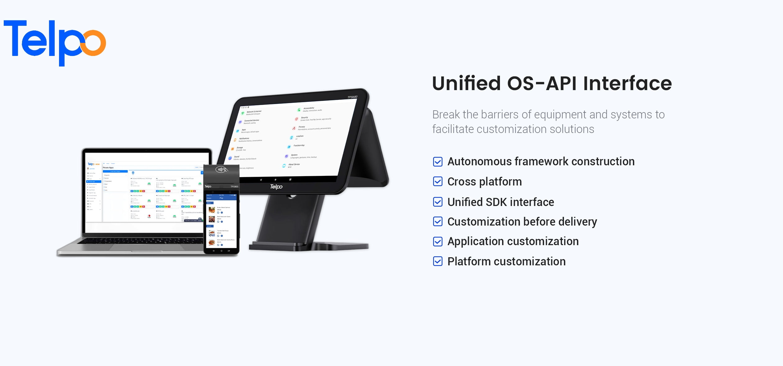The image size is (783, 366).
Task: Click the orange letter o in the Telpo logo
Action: pyautogui.click(x=93, y=43)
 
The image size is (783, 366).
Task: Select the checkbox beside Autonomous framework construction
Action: pyautogui.click(x=437, y=162)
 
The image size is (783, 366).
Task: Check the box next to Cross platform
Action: pyautogui.click(x=437, y=181)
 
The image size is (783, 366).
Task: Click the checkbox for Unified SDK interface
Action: pyautogui.click(x=437, y=202)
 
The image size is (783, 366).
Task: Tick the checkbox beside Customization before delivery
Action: pyautogui.click(x=437, y=222)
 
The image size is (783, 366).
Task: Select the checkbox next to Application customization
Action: pyautogui.click(x=437, y=241)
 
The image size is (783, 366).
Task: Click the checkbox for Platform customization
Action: pyautogui.click(x=437, y=261)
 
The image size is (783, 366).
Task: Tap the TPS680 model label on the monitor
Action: pyautogui.click(x=352, y=97)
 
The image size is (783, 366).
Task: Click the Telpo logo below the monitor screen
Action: pyautogui.click(x=276, y=186)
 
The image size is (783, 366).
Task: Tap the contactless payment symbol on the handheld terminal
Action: pyautogui.click(x=222, y=170)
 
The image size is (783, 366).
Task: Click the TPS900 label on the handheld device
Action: pyautogui.click(x=234, y=186)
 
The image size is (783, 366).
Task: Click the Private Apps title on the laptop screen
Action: pyautogui.click(x=108, y=167)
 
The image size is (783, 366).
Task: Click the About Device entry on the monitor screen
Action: pyautogui.click(x=294, y=164)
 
